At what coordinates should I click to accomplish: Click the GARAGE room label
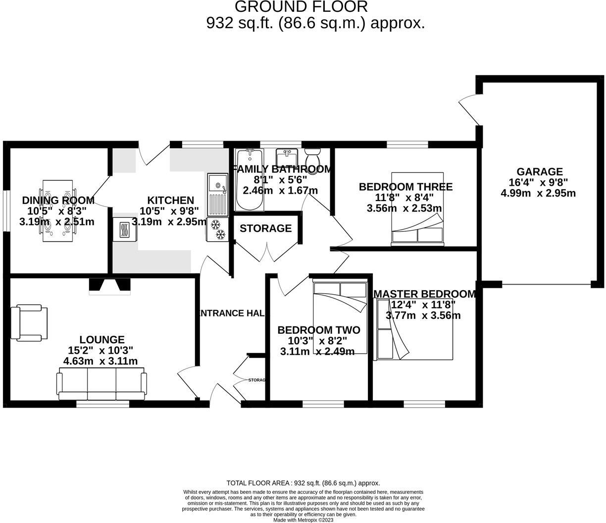click(540, 171)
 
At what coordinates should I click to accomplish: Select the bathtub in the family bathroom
click(250, 179)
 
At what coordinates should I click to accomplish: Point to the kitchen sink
click(217, 195)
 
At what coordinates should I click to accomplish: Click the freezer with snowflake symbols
click(217, 229)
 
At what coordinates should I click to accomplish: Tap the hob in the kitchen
click(125, 229)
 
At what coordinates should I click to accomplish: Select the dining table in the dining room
click(58, 210)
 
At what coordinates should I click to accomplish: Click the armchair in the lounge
click(29, 322)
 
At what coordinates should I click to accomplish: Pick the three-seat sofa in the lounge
click(101, 384)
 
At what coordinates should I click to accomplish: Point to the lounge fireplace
click(109, 286)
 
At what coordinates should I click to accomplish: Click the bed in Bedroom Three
click(417, 209)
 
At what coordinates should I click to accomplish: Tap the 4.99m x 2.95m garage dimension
click(538, 193)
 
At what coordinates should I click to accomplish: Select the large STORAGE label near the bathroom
click(265, 228)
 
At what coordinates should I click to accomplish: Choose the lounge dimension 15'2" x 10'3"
click(101, 350)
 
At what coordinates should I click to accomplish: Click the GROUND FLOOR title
click(301, 6)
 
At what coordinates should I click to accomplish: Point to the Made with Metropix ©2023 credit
click(303, 520)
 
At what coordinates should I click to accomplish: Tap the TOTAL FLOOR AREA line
click(303, 483)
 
